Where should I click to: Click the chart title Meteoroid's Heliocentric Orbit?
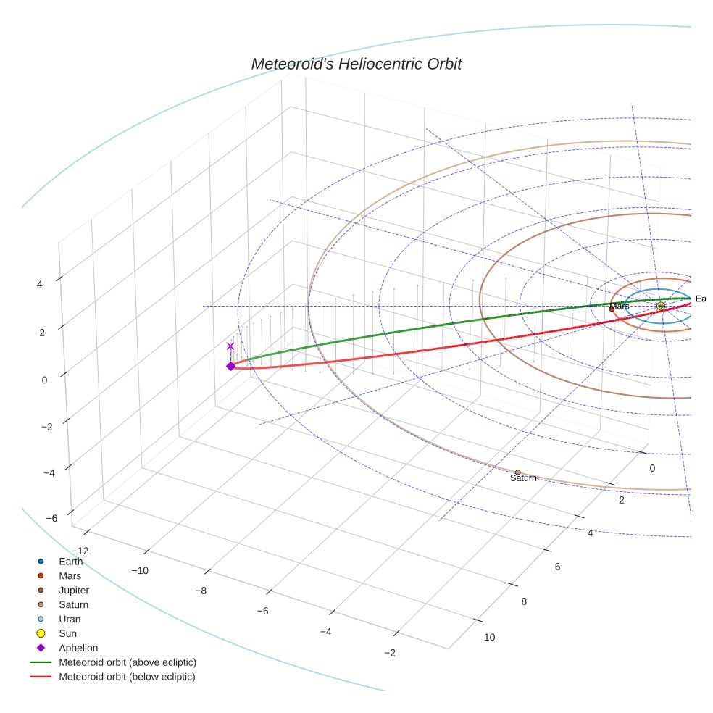pos(356,64)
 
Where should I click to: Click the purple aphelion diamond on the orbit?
pos(230,366)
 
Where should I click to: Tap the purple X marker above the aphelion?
pos(230,346)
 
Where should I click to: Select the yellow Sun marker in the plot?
pos(661,307)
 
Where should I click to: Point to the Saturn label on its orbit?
pos(523,478)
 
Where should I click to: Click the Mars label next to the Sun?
pos(620,307)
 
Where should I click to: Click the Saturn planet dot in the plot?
pos(517,472)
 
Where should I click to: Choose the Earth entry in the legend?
pos(70,561)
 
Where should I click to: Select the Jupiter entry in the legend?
pos(74,590)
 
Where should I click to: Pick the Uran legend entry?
pos(70,619)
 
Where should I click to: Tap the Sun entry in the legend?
pos(67,633)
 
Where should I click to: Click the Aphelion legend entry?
pos(78,648)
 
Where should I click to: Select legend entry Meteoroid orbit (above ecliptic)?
pos(128,662)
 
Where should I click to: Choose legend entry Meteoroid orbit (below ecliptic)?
pos(127,677)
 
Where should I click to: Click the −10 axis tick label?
pos(140,570)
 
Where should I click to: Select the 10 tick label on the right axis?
pos(489,637)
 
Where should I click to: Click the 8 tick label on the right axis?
pos(523,601)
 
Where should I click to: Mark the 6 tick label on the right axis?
pos(557,567)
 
